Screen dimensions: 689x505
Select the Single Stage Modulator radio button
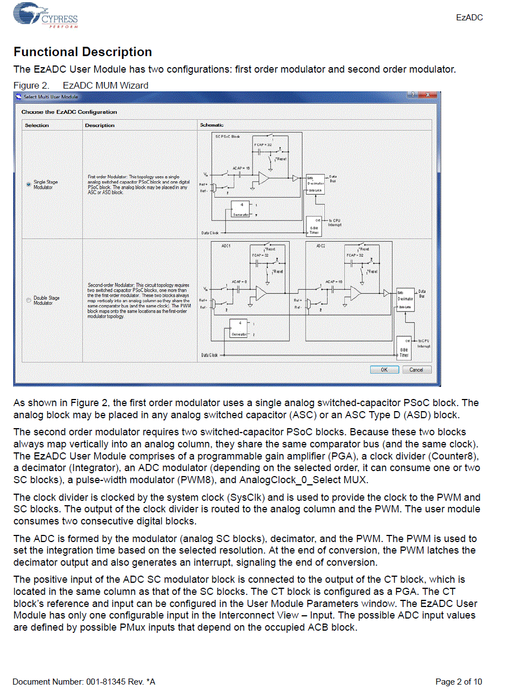[29, 185]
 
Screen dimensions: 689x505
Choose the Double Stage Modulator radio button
[29, 300]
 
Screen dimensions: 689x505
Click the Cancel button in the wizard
[416, 370]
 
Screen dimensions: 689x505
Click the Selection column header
[37, 125]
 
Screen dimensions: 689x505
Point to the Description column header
[100, 125]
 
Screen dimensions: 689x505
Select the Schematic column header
[212, 125]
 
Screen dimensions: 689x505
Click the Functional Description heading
[83, 52]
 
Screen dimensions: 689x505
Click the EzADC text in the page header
[469, 18]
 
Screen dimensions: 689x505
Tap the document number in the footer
[84, 682]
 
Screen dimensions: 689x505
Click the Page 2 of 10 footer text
[459, 682]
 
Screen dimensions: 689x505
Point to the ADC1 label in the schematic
[226, 245]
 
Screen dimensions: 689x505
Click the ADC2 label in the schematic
[321, 245]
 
